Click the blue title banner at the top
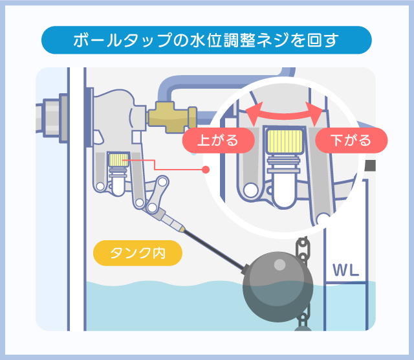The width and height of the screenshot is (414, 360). tap(206, 40)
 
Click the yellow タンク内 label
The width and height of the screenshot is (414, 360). tap(137, 253)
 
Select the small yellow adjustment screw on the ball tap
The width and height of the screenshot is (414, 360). tap(118, 158)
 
